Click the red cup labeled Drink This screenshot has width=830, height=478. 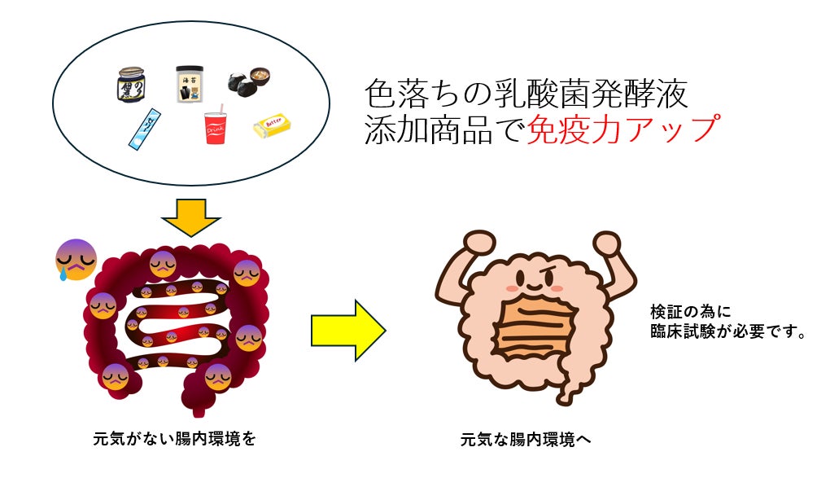point(215,129)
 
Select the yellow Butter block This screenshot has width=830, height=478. point(272,125)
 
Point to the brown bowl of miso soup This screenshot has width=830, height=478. point(259,77)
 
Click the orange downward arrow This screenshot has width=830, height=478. point(191,215)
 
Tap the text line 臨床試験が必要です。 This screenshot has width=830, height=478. point(728,332)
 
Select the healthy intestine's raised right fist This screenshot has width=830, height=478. point(606,243)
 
